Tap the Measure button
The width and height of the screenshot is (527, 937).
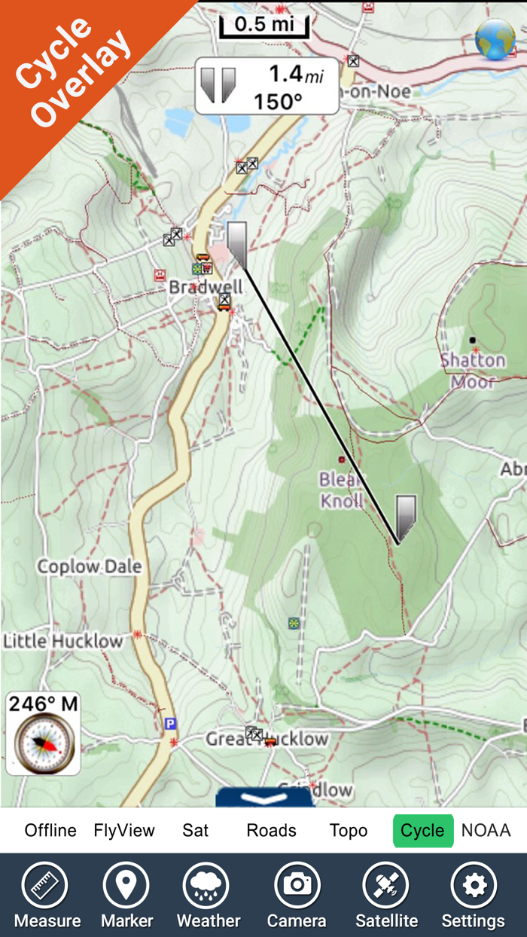pyautogui.click(x=47, y=895)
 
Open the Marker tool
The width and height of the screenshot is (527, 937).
pyautogui.click(x=126, y=895)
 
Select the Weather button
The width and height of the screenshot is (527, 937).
pyautogui.click(x=209, y=895)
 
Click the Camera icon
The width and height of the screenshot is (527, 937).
pyautogui.click(x=297, y=895)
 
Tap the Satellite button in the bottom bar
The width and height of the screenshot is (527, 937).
pyautogui.click(x=386, y=895)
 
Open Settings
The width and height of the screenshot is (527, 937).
pyautogui.click(x=473, y=895)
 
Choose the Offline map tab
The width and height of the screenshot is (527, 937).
pyautogui.click(x=50, y=831)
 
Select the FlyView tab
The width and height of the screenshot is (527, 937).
pyautogui.click(x=124, y=831)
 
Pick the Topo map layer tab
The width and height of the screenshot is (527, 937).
pyautogui.click(x=349, y=831)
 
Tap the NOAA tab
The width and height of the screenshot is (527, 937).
pyautogui.click(x=486, y=831)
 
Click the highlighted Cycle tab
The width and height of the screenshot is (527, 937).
pyautogui.click(x=422, y=831)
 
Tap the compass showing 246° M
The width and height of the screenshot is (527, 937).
pyautogui.click(x=43, y=742)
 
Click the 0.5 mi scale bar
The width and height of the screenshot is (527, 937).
pyautogui.click(x=264, y=25)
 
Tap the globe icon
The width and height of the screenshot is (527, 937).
pyautogui.click(x=495, y=40)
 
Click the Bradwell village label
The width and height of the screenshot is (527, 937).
pyautogui.click(x=206, y=287)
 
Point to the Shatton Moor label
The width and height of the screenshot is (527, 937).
pyautogui.click(x=473, y=370)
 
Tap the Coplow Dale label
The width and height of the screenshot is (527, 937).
pyautogui.click(x=90, y=566)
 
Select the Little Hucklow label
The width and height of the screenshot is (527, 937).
pyautogui.click(x=63, y=642)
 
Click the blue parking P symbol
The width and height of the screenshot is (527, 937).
pyautogui.click(x=170, y=724)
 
